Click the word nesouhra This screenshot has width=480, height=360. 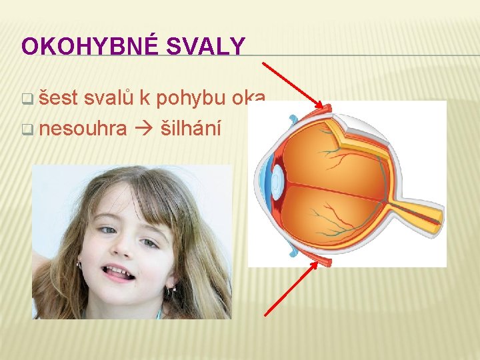[x=83, y=127]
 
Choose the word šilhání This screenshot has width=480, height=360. [x=190, y=127]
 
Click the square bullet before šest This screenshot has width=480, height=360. [x=27, y=101]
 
